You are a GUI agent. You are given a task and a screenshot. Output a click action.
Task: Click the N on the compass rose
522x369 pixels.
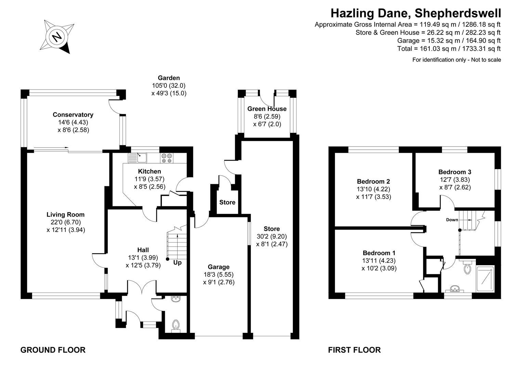tap(57, 37)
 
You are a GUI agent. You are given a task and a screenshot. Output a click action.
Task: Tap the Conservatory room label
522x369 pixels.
tap(73, 115)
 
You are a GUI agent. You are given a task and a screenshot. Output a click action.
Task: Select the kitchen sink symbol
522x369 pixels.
tap(138, 158)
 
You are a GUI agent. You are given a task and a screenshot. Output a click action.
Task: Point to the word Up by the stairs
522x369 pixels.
tap(177, 263)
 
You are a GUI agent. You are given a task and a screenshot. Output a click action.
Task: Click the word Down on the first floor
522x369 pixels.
tap(452, 220)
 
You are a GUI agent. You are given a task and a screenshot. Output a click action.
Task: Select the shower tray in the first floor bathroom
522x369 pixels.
tap(485, 279)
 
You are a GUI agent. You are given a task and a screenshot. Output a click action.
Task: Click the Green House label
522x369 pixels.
tap(267, 109)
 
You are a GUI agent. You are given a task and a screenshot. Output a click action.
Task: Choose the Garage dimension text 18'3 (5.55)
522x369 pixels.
tap(219, 274)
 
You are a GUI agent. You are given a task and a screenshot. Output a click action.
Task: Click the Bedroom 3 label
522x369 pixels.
tap(455, 172)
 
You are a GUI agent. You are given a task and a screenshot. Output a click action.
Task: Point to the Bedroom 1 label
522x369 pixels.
tap(379, 253)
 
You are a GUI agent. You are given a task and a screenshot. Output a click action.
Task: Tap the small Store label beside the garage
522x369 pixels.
tap(227, 202)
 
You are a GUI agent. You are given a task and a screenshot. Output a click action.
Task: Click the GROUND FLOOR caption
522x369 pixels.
tap(53, 350)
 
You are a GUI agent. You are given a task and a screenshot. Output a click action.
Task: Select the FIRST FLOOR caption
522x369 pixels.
tap(354, 350)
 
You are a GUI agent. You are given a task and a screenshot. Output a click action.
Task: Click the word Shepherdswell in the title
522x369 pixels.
tap(458, 13)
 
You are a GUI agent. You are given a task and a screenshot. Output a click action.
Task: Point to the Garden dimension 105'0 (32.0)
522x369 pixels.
tap(169, 85)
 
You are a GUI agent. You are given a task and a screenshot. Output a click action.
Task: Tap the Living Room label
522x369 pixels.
tap(65, 215)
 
